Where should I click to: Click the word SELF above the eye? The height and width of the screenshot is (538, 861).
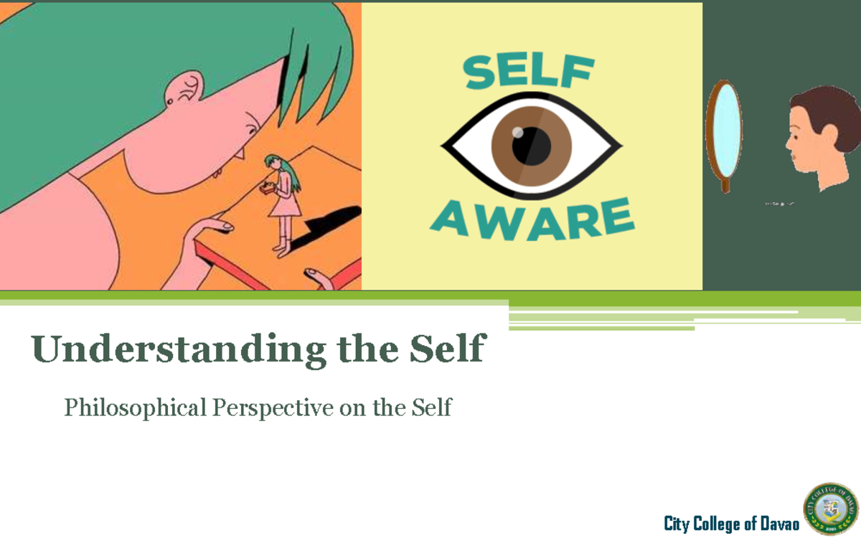(x=530, y=72)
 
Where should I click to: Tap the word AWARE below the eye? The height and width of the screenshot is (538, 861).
(x=532, y=220)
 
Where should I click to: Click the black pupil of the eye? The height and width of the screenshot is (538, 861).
(x=532, y=146)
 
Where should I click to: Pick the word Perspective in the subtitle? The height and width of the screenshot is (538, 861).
(x=273, y=407)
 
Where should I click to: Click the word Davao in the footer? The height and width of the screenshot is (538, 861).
(x=779, y=524)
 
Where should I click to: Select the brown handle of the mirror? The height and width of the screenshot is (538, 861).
(x=725, y=184)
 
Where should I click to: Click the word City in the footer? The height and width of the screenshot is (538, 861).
(x=676, y=524)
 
